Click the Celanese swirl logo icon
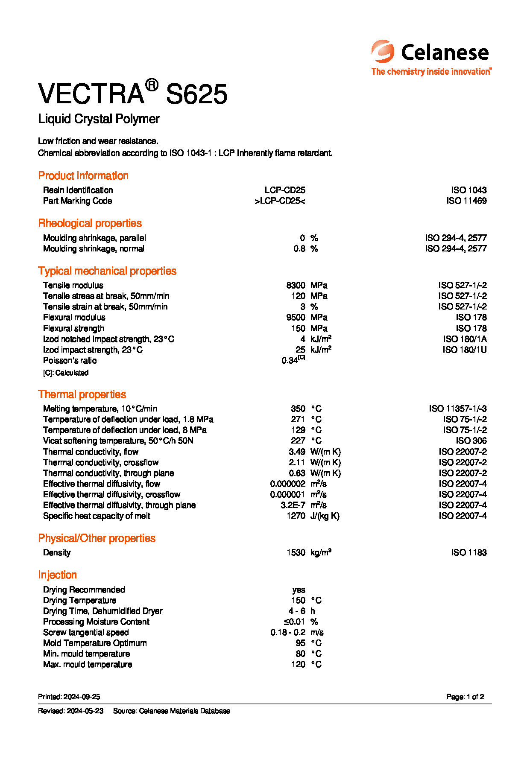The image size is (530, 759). [383, 52]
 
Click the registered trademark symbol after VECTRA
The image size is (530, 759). [152, 85]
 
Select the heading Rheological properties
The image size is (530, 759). [90, 223]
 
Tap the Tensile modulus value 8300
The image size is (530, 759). [296, 285]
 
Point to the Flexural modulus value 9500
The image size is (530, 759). [296, 317]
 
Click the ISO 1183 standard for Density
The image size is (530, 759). [469, 552]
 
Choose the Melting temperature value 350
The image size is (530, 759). [298, 409]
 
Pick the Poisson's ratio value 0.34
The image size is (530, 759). [290, 361]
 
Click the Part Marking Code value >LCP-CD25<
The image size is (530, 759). [280, 201]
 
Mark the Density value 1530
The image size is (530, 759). [296, 552]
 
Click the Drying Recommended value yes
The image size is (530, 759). [299, 590]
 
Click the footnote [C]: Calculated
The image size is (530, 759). [66, 373]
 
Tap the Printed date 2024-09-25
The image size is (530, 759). [82, 697]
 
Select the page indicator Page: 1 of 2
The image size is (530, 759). [465, 697]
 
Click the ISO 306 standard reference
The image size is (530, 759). [471, 441]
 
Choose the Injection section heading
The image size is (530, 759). [57, 575]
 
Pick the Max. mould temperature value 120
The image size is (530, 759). [298, 664]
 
